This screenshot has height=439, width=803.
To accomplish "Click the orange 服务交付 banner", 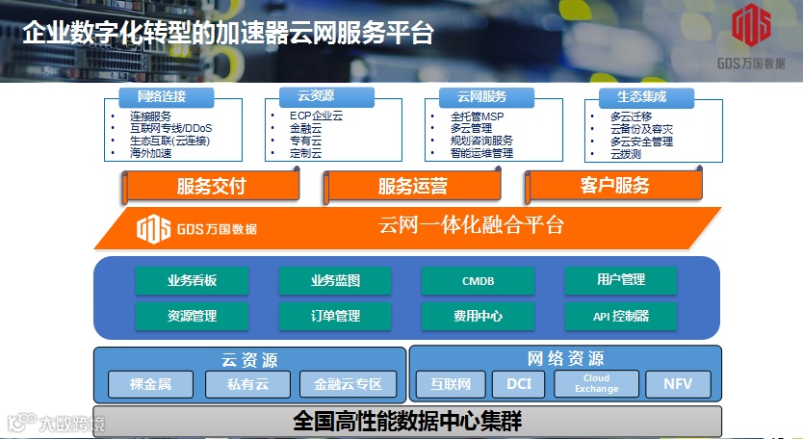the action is point(211,186).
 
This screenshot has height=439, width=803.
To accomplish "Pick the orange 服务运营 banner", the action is point(412,186).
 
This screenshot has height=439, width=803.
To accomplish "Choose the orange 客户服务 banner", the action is point(615,186).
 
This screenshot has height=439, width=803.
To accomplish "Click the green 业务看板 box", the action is point(192,280).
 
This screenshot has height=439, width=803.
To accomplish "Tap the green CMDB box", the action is point(478,280).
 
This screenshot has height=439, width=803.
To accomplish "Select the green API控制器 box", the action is point(620,316).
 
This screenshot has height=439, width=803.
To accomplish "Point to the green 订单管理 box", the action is point(335,316).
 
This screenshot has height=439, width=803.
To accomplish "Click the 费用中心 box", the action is point(478,316).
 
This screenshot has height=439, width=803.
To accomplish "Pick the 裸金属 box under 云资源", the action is point(150,385).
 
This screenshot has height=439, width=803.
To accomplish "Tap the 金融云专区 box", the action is point(348,385).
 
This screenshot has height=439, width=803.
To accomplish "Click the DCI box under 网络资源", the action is point(518,385).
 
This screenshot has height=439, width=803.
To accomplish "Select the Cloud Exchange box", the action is point(597,384).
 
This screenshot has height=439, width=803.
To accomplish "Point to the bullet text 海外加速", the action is point(150,153).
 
